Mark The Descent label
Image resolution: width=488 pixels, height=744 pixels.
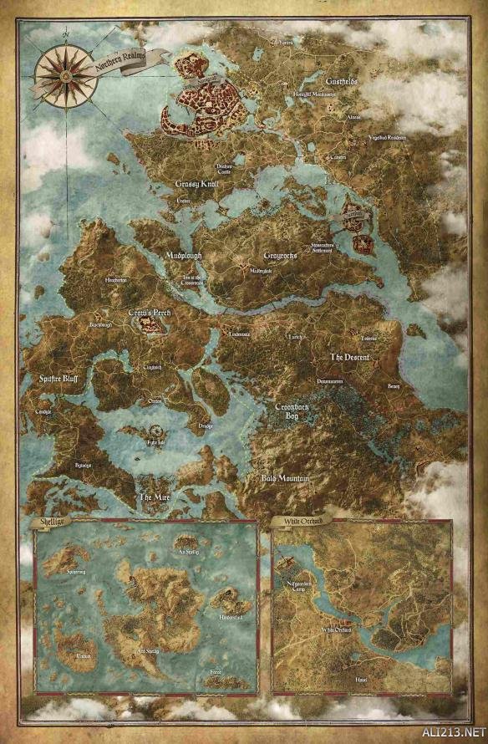[349, 357]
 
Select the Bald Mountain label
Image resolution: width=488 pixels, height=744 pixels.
[285, 478]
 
